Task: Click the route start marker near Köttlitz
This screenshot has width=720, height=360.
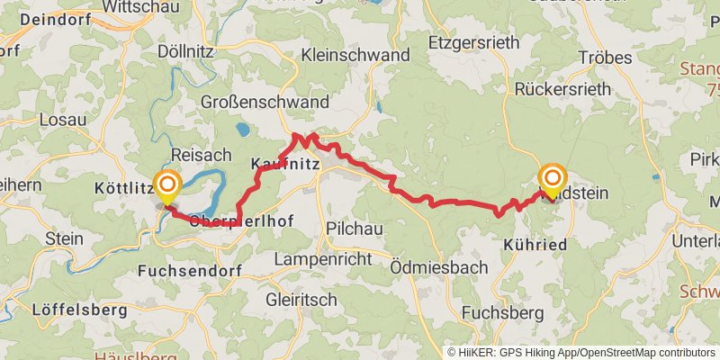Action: (166, 186)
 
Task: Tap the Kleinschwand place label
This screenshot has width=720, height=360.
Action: (356, 56)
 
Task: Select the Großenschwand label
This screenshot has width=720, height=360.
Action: (251, 101)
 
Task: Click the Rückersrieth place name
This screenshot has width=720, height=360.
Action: (562, 88)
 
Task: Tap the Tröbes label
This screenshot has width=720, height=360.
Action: (603, 58)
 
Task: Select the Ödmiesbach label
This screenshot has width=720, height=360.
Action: (439, 267)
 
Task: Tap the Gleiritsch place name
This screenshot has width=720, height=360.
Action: (301, 299)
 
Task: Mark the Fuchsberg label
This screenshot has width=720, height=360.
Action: (502, 312)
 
